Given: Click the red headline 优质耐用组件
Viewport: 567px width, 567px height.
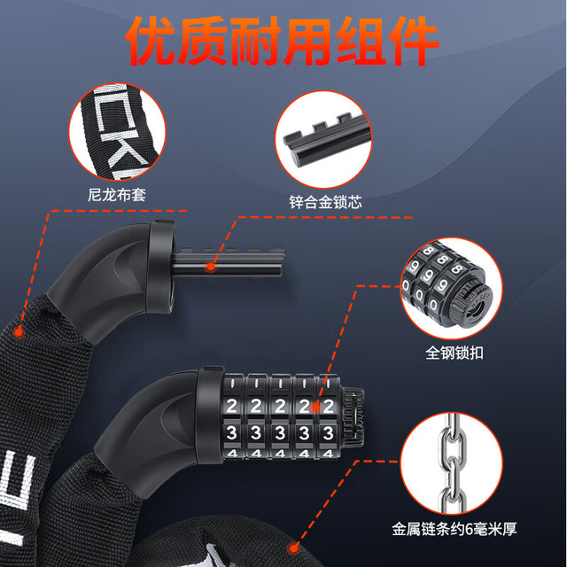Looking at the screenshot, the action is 283,41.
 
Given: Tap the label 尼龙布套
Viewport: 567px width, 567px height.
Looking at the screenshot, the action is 117,195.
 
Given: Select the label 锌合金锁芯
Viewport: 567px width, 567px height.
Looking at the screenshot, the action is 325,203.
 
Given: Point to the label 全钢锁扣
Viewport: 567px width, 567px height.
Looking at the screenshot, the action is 454,353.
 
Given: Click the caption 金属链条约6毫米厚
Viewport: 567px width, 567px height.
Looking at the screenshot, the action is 454,529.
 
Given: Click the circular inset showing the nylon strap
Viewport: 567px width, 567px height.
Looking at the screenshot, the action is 117,132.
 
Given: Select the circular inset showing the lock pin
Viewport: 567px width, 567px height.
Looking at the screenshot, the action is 323,140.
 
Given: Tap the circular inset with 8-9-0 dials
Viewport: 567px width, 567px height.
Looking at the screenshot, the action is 451,288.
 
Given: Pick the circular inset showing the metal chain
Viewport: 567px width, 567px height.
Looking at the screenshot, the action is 451,462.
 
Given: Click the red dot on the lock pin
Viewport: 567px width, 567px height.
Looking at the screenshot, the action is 211,268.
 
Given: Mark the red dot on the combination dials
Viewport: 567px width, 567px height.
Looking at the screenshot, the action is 315,408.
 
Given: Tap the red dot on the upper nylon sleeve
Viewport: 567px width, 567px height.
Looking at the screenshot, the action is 18,331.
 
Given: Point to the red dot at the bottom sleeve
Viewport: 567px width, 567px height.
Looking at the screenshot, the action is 293,548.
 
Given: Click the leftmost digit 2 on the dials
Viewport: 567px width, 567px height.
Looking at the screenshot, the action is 231,406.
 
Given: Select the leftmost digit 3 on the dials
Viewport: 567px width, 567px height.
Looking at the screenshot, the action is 231,433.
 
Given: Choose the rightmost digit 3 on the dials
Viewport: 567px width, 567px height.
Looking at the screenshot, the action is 328,433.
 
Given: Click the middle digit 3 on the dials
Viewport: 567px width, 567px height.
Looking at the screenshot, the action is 280,433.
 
